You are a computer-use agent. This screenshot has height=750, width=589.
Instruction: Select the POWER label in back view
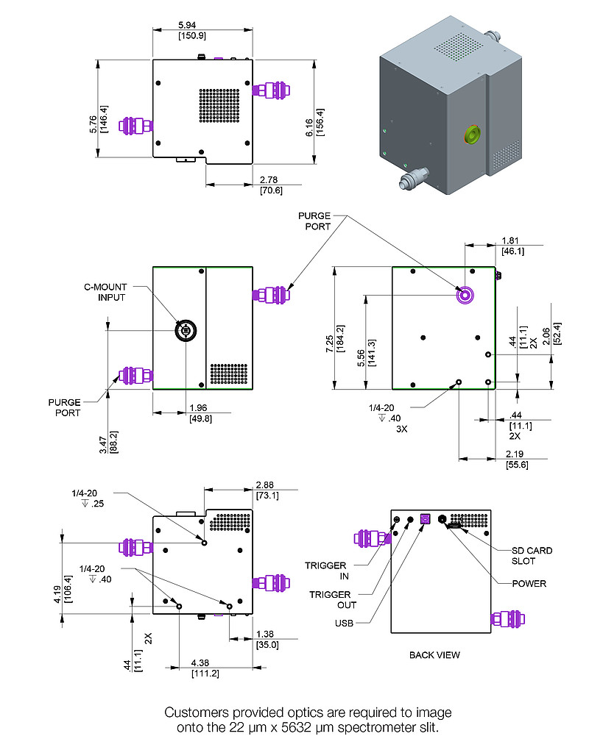(x=530, y=583)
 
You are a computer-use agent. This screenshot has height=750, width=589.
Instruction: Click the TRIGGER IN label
(x=326, y=571)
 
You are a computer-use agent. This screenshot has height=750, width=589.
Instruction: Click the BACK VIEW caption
(x=434, y=654)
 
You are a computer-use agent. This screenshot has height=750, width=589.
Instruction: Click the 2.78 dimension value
(x=271, y=179)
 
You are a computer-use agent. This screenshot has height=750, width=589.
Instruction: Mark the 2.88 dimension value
(x=266, y=485)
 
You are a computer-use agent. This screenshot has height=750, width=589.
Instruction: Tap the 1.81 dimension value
(x=512, y=240)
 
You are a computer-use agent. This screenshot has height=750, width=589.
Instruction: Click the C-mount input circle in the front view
(x=185, y=331)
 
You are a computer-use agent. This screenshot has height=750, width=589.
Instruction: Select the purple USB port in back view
(x=424, y=518)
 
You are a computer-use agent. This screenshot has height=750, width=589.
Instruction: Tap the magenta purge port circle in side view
(x=465, y=295)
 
